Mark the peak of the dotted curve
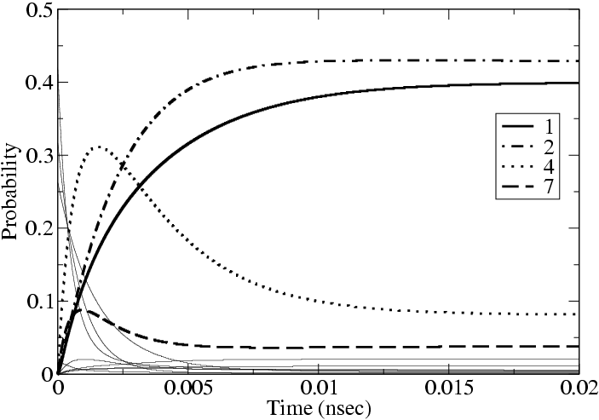(100, 147)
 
